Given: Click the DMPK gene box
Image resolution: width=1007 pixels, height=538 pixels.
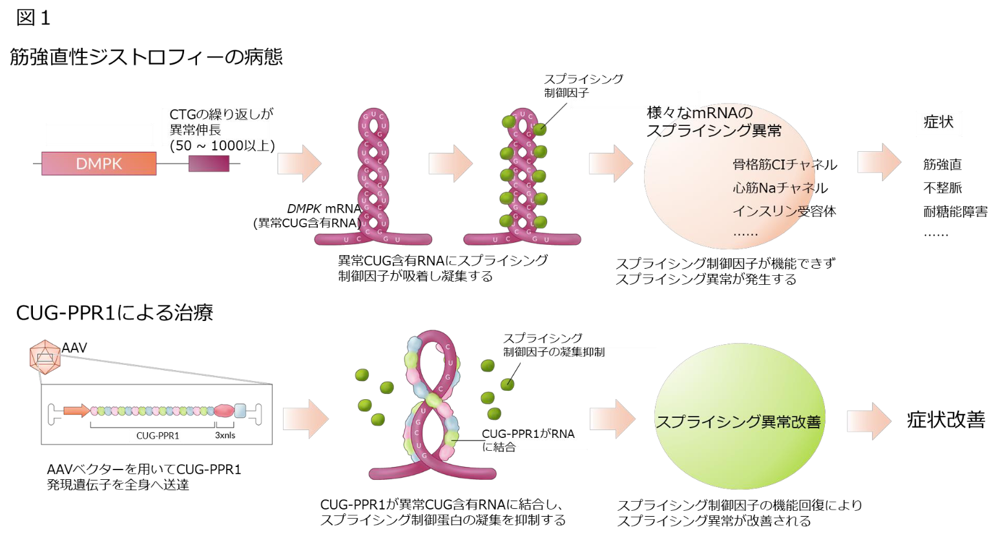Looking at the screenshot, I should coord(99,163).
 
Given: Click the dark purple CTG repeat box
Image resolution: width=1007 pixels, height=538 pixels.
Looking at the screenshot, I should coord(209,163).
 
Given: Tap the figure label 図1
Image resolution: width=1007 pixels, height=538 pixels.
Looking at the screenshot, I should coord(33,18).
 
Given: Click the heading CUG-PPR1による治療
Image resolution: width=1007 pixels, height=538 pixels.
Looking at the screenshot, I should coord(114,313).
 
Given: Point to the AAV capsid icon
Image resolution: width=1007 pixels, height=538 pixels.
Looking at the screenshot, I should coord(45,357).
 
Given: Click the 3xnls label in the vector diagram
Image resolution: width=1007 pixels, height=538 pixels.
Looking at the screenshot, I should coord(225,435).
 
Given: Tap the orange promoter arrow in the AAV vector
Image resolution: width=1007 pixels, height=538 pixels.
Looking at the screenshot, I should coord(77,411).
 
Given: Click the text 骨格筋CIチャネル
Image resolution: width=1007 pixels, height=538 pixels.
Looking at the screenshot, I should coord(784,165).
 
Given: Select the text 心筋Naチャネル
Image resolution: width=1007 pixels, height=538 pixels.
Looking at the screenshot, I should coord(780,188).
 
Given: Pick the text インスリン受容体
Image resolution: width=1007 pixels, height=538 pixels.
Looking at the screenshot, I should coord(784,211).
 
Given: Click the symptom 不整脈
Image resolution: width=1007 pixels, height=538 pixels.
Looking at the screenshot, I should coord(942,188).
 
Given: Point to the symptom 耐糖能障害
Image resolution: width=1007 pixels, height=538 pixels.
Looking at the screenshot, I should coord(955,211).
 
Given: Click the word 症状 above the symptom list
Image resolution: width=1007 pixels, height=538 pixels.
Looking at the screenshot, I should coord(938,121).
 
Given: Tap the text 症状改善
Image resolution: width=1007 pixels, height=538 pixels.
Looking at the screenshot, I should coord(946,420).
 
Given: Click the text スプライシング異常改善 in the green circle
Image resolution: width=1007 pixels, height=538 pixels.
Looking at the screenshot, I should coord(738,422).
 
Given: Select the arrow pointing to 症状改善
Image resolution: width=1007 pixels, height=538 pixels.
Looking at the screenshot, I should coord(869,420).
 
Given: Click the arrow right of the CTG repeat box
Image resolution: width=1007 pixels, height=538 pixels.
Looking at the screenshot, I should coord(299,163).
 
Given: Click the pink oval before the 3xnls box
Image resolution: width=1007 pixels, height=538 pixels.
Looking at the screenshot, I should coord(223,411).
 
